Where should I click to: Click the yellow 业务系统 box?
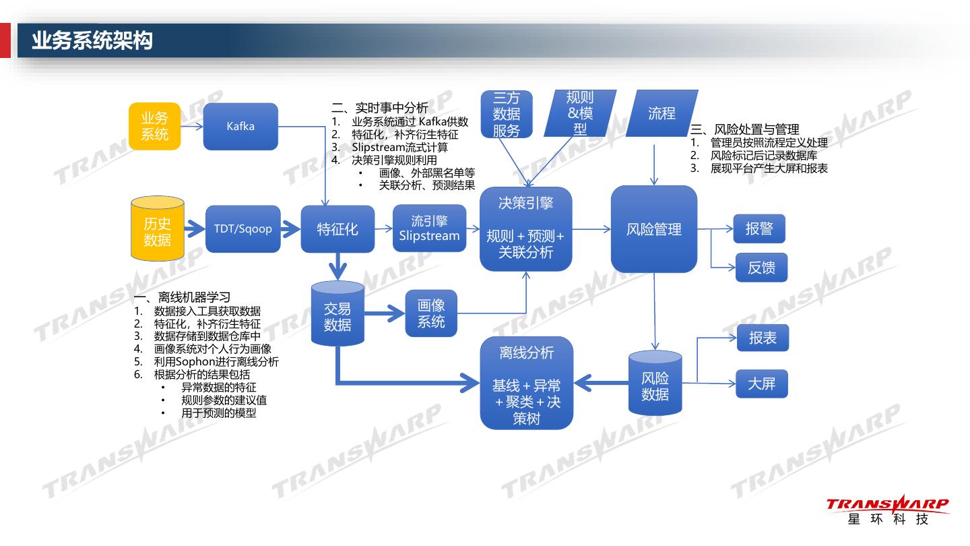154,126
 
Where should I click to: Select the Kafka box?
240,126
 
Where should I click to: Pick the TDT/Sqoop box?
243,229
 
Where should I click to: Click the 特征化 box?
337,229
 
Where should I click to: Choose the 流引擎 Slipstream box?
429,229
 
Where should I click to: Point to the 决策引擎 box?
525,229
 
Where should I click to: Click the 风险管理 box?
653,229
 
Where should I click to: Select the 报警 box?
759,229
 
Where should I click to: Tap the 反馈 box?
761,268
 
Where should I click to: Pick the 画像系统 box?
431,313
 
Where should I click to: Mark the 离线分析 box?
526,383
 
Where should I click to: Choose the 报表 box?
763,338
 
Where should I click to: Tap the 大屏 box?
761,384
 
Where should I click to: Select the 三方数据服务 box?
507,115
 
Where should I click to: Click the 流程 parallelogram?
661,113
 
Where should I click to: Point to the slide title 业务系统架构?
92,40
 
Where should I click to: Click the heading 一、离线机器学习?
183,297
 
